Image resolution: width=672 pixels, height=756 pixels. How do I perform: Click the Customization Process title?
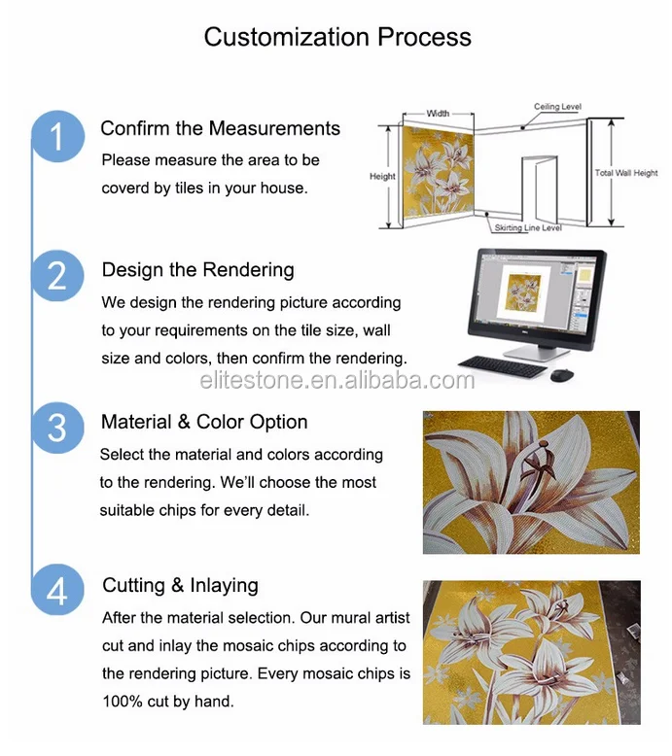point(337,37)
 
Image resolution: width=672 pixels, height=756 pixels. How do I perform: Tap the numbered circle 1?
point(58,136)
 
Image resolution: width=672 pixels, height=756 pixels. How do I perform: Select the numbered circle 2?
point(58,276)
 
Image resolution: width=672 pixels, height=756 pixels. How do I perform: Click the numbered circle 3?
point(58,428)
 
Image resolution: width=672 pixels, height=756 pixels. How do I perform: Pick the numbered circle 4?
point(58,590)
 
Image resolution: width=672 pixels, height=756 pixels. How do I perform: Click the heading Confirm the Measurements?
point(221,128)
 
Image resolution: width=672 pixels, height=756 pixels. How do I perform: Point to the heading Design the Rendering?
point(197,270)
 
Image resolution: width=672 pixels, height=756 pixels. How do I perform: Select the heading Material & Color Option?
point(204,422)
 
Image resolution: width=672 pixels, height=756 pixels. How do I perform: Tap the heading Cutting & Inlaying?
point(181,585)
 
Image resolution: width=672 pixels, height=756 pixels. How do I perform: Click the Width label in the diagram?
point(438,114)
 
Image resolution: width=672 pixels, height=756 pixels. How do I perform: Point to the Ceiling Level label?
point(557,107)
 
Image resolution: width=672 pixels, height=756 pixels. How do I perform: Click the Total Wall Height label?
point(626,173)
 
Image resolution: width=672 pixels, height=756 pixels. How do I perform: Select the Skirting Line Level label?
point(528,227)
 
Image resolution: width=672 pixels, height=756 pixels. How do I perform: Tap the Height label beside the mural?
point(382,177)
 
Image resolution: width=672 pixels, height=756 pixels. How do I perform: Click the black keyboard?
point(503,366)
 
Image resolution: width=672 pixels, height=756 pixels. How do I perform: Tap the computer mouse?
point(562,375)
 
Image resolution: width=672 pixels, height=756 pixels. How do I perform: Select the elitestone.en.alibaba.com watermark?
point(337,380)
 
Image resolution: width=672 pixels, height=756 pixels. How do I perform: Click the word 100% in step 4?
point(123,701)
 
